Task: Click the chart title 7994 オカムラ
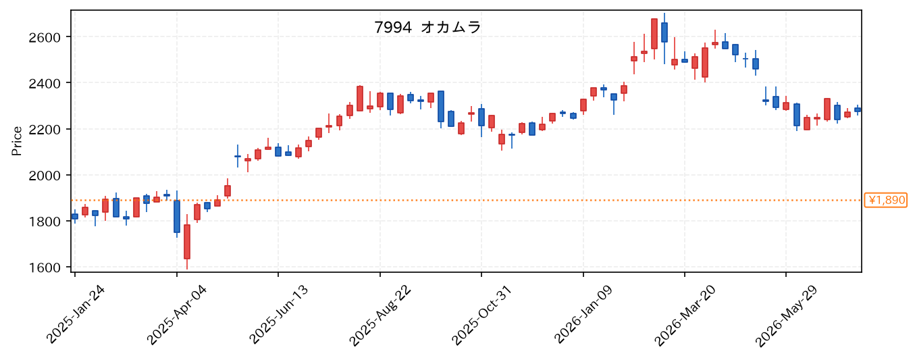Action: pyautogui.click(x=427, y=28)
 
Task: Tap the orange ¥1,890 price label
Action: pyautogui.click(x=885, y=200)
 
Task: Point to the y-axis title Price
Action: pyautogui.click(x=17, y=141)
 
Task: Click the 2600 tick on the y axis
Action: pyautogui.click(x=44, y=37)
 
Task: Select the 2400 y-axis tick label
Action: pyautogui.click(x=44, y=83)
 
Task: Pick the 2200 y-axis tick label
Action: pyautogui.click(x=44, y=130)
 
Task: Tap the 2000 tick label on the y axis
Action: pyautogui.click(x=44, y=176)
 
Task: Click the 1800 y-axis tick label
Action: pyautogui.click(x=44, y=222)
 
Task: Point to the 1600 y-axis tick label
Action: pyautogui.click(x=44, y=267)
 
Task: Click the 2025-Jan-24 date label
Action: pyautogui.click(x=76, y=315)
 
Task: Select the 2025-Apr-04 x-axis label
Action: pyautogui.click(x=177, y=315)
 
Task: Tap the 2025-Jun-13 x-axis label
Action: pyautogui.click(x=279, y=315)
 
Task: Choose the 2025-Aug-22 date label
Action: pyautogui.click(x=380, y=315)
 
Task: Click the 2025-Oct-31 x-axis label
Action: pyautogui.click(x=481, y=315)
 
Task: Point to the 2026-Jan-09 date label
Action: pyautogui.click(x=583, y=315)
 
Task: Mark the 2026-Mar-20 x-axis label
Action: pyautogui.click(x=685, y=315)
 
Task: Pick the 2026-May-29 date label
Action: pyautogui.click(x=786, y=316)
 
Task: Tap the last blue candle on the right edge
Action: pyautogui.click(x=858, y=109)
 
